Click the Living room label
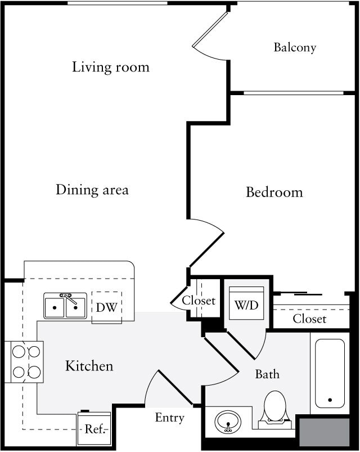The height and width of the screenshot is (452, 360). coord(111,68)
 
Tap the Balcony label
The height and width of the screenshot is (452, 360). coord(295,47)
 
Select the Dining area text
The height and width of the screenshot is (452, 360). coord(92,190)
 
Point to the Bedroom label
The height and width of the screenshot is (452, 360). coord(274,193)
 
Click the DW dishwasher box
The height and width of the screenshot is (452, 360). coord(106,307)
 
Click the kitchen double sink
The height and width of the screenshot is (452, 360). coord(65,306)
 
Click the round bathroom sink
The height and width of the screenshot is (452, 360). coord(228,420)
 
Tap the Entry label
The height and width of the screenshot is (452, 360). coord(169,418)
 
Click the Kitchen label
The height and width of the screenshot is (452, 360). coord(89,366)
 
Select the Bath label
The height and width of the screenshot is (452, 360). coord(267,374)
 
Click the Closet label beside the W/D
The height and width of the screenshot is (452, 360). coord(199,301)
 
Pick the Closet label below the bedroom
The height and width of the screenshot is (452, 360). coord(309,319)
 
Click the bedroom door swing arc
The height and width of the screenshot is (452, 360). coord(207,242)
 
